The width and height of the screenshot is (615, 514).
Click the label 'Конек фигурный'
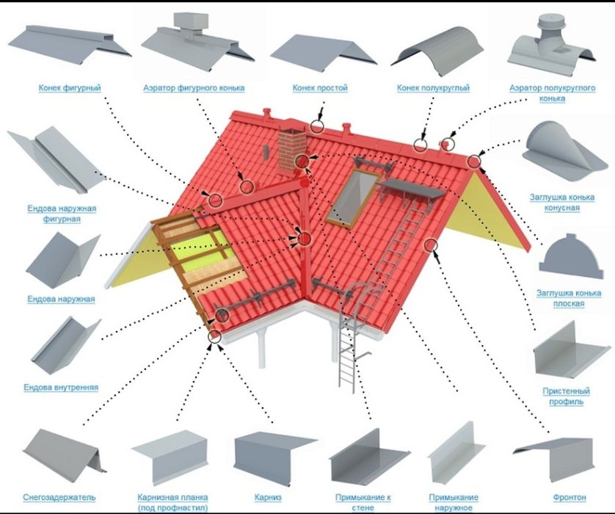[x=70, y=88]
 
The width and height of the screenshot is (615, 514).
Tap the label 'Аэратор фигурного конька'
[x=194, y=88]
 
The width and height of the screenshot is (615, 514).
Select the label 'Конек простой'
[x=320, y=88]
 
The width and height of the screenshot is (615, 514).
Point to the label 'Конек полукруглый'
[x=433, y=88]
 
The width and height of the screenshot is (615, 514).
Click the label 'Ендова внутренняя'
[x=61, y=388]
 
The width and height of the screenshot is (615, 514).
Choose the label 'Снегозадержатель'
[x=59, y=498]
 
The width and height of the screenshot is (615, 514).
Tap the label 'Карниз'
[x=268, y=498]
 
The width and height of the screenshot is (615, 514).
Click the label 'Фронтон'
[x=569, y=498]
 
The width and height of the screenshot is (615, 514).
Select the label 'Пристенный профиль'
[x=566, y=397]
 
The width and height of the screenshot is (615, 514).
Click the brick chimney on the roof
[x=292, y=151]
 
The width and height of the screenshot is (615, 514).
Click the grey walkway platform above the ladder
[x=410, y=190]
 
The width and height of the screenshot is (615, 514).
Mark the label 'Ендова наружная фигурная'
[x=62, y=214]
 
